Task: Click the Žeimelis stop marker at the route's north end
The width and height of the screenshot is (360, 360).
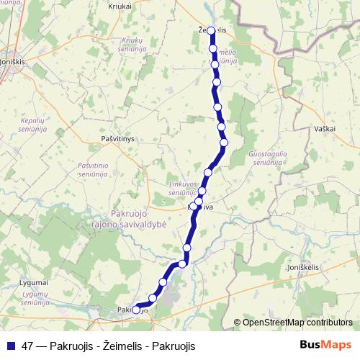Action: [212, 30]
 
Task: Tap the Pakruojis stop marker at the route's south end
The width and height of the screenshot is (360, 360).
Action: [137, 310]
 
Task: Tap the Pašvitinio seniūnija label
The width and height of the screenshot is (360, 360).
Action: [93, 170]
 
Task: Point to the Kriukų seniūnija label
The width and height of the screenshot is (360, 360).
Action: [138, 46]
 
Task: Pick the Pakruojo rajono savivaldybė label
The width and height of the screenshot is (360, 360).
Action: [139, 218]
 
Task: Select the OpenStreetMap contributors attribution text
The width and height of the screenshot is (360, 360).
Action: [297, 323]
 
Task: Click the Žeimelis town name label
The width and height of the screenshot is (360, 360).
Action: [214, 30]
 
